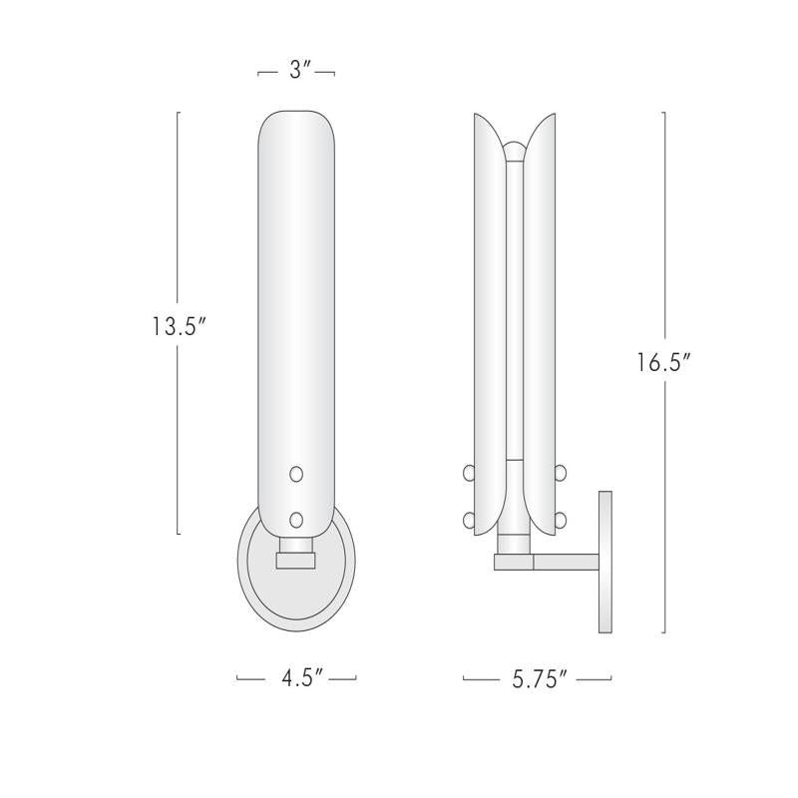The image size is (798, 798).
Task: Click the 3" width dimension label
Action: point(296,72)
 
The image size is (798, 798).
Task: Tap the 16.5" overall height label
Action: point(664,362)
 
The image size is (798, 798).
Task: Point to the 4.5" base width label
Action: point(296,679)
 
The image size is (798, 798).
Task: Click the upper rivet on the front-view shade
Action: point(295,474)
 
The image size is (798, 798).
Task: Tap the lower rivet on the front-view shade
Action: point(295,519)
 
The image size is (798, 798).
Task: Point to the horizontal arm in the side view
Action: point(564,563)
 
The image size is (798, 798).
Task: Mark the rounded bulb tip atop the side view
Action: point(515,151)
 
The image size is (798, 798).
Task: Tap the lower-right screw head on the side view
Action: point(561,519)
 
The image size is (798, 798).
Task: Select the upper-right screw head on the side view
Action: point(561,472)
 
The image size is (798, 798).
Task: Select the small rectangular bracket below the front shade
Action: point(295,562)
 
